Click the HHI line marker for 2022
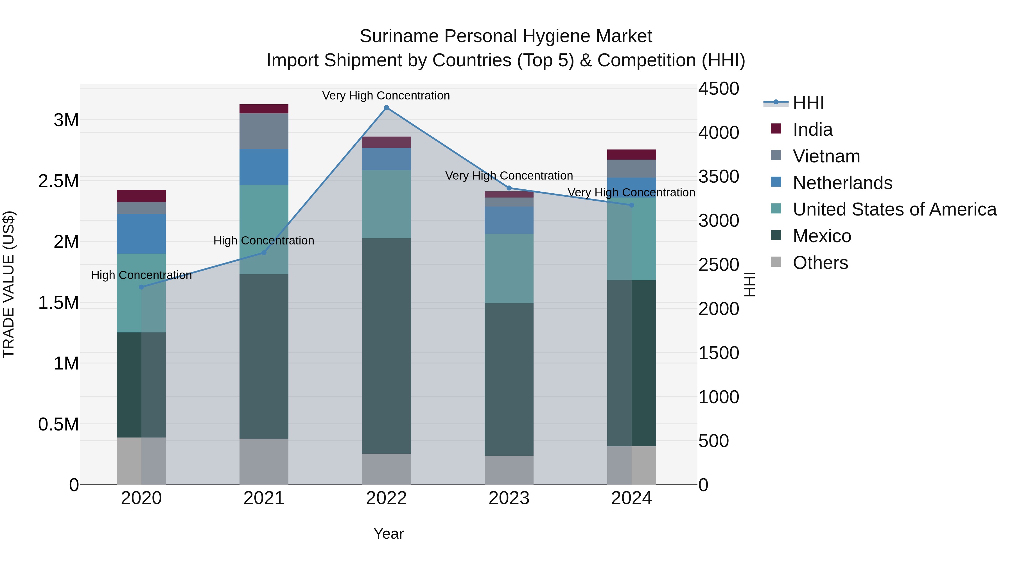[386, 108]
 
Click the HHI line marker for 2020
[141, 287]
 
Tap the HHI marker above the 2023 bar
[509, 188]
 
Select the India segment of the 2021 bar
[264, 109]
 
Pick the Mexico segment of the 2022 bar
[386, 346]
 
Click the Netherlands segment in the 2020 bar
[141, 234]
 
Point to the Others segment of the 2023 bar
[509, 470]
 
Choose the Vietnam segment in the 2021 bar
[264, 131]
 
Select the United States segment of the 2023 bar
[509, 268]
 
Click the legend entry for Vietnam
[826, 156]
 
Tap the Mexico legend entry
[822, 236]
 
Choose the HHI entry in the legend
[808, 103]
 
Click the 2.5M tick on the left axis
[58, 181]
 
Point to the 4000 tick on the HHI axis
[719, 132]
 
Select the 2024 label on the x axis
[631, 498]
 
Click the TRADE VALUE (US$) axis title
[9, 284]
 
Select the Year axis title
[388, 534]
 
